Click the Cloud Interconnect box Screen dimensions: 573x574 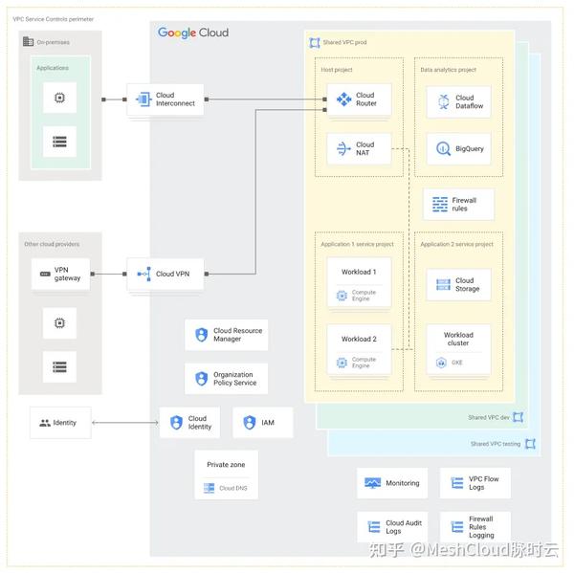[165, 99]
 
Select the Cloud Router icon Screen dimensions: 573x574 [342, 99]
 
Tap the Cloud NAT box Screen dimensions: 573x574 [359, 149]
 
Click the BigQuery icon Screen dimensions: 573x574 [443, 149]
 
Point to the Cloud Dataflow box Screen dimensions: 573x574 [458, 101]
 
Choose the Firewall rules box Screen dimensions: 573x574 [457, 204]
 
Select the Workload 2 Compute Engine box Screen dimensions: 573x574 [359, 349]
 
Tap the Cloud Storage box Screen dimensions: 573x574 [458, 284]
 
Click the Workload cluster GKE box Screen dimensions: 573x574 [458, 348]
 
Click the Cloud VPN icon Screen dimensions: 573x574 [144, 275]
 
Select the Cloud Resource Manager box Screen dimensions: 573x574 [226, 335]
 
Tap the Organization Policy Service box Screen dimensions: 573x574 [226, 379]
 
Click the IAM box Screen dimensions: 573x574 [260, 422]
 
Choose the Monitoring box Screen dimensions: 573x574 [392, 483]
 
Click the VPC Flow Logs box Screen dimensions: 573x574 [475, 483]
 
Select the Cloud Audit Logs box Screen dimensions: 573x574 [392, 527]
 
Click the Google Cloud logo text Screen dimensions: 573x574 [193, 33]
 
